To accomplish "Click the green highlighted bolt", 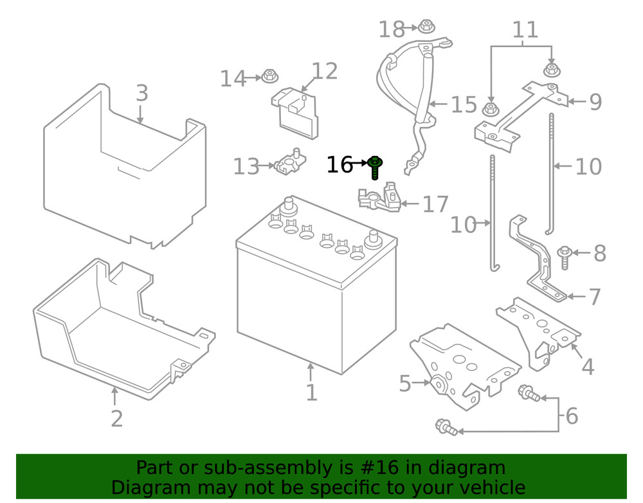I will click(x=376, y=167).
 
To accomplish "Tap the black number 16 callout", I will click(x=340, y=165).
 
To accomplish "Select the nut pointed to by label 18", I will click(x=426, y=27).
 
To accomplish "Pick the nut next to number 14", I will click(x=269, y=77).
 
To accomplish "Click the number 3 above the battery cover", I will click(x=142, y=93).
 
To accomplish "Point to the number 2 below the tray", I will click(x=116, y=419).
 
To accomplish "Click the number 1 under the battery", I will click(x=311, y=392).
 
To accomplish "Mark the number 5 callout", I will click(x=404, y=384).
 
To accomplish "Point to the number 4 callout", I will click(x=588, y=366).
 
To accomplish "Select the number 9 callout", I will click(x=595, y=102).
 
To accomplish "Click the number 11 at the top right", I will click(x=525, y=30).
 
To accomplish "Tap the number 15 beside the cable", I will click(x=464, y=105).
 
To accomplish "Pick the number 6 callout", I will click(x=571, y=416).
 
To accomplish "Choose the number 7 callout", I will click(x=594, y=297).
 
